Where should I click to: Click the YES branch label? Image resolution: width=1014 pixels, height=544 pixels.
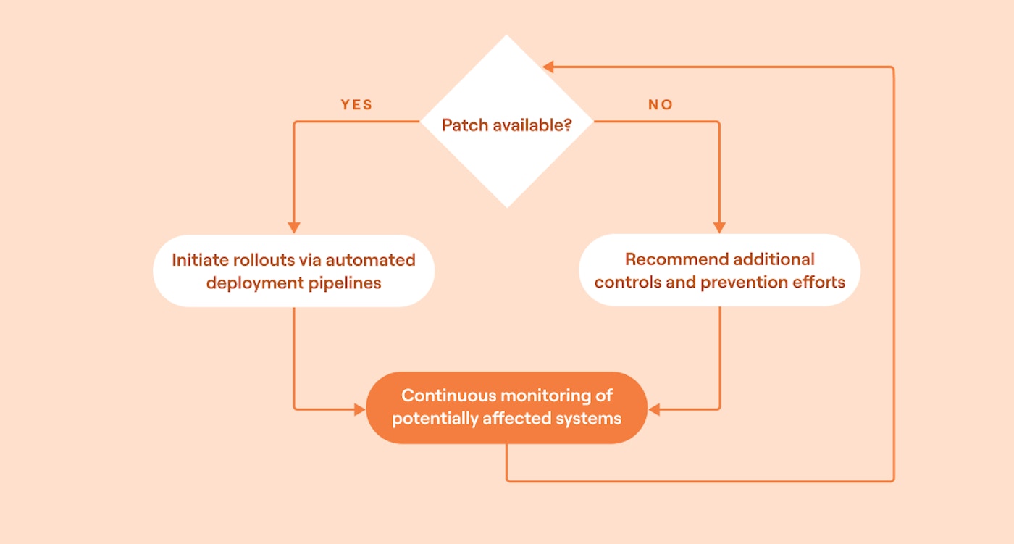coord(356,105)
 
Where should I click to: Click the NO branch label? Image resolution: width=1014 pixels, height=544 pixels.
coord(661,105)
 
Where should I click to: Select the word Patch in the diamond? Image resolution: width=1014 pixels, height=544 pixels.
coord(465,125)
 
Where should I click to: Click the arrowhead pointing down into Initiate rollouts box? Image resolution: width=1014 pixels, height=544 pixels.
coord(294,227)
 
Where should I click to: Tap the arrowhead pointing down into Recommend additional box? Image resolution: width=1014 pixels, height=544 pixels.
coord(719,227)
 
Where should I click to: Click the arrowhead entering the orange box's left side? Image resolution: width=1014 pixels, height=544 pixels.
coord(359,410)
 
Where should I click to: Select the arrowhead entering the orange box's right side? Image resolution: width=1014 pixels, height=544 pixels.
coord(654,410)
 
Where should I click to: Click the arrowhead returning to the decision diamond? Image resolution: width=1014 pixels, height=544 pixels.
coord(548,67)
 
